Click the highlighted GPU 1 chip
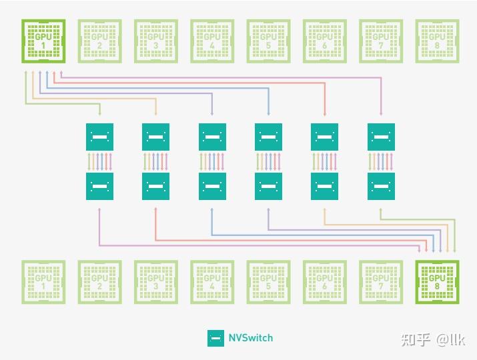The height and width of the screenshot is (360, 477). coord(43,41)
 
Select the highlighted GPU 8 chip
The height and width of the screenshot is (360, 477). coord(436,282)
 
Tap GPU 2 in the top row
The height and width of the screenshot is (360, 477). coord(99,41)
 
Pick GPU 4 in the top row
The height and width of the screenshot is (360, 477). coord(211,41)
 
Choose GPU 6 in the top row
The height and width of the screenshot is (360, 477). coord(324,41)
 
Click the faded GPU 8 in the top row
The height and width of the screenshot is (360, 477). coord(436,41)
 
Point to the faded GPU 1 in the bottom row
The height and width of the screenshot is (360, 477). coord(43,282)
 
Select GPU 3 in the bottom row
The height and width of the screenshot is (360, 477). coord(155,282)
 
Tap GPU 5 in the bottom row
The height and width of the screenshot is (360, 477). coord(268,282)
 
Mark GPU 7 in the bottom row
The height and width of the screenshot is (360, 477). coord(380,282)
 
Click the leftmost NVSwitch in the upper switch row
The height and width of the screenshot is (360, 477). coord(99,137)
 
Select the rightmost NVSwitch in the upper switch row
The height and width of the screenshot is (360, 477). coord(381,137)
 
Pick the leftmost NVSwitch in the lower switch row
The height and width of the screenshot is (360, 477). coord(99,186)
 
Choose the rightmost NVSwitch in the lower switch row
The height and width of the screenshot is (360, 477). coord(381,186)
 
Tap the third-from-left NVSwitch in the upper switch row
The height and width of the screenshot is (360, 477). coord(212,137)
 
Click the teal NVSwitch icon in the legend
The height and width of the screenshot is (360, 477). coord(215,338)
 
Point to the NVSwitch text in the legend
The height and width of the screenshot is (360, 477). coord(252,338)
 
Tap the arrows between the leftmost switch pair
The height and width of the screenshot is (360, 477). coord(99,161)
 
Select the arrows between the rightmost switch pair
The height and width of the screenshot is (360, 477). coord(381,161)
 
